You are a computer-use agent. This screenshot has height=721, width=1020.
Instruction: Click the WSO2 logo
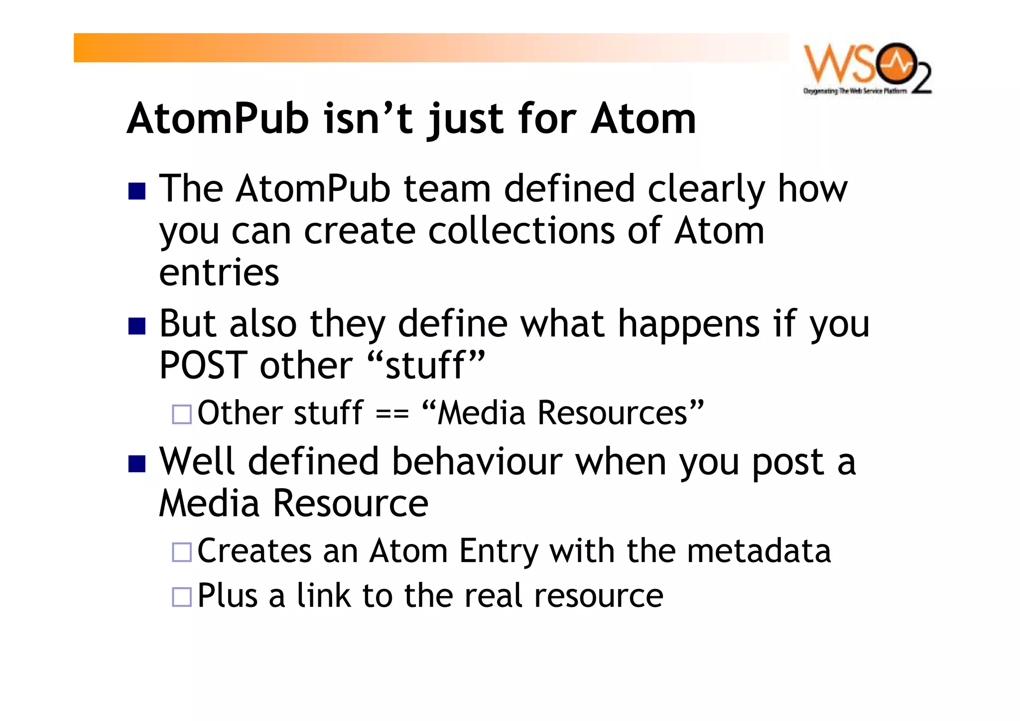point(867,69)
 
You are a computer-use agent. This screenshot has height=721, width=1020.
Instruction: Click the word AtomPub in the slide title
point(218,119)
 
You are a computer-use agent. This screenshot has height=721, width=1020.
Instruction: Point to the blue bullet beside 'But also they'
point(136,326)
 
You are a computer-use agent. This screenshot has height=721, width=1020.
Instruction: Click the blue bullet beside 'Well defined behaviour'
point(136,463)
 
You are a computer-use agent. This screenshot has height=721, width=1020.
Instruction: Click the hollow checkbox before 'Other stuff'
point(181,414)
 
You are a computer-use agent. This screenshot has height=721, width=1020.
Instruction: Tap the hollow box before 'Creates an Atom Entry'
point(181,552)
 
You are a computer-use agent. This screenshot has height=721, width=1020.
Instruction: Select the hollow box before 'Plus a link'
point(181,596)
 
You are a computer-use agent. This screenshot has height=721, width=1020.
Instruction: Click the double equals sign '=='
point(392,414)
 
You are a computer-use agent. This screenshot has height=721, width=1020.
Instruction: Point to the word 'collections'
point(521,231)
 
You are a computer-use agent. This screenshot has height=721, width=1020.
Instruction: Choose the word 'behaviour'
point(477,461)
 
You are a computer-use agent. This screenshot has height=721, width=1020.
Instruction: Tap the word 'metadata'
point(759,551)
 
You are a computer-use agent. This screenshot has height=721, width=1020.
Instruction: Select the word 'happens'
point(689,325)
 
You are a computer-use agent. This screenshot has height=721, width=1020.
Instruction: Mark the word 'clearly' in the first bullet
point(706,190)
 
